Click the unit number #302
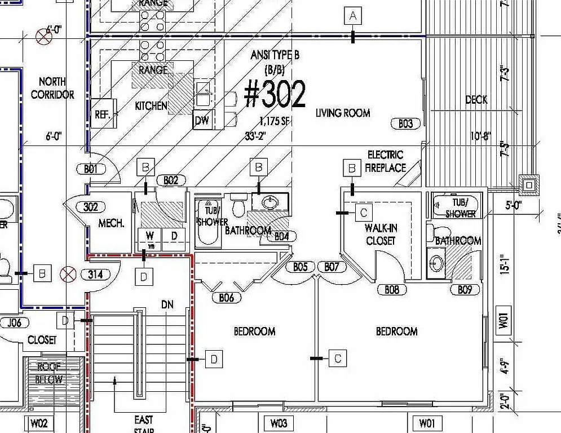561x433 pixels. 275,95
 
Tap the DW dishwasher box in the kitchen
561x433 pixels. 201,120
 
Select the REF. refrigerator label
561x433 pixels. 102,113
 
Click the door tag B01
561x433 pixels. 91,168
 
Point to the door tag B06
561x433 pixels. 226,297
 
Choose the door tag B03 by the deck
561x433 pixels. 405,123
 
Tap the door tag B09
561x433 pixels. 465,290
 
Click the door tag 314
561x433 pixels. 95,275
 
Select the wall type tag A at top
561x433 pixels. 353,16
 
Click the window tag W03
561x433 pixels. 279,423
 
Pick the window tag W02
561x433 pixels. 39,423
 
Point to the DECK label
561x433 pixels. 476,100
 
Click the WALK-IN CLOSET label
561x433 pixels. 380,234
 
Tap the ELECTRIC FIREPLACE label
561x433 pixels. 385,161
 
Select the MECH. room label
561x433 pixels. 112,223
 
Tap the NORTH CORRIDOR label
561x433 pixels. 52,88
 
